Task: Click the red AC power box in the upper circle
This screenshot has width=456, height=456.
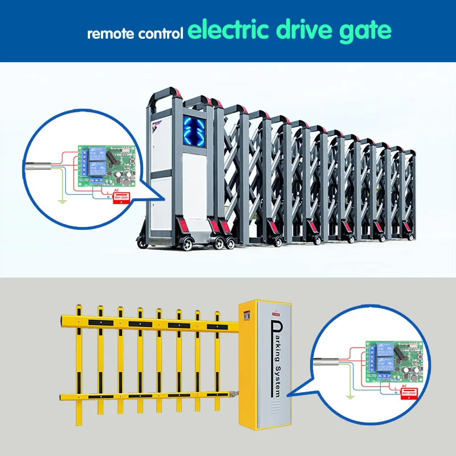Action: tap(121, 197)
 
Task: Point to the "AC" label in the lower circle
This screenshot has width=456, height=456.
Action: tap(404, 386)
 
